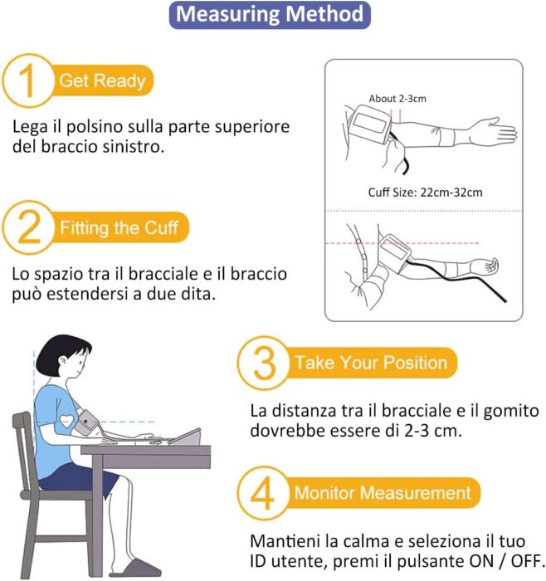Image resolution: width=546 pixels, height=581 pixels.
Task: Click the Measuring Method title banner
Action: [x=270, y=15]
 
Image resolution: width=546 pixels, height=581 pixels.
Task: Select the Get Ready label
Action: [x=102, y=81]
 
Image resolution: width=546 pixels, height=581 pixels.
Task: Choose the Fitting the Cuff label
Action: [x=119, y=227]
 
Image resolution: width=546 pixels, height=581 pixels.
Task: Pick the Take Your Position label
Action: [x=371, y=363]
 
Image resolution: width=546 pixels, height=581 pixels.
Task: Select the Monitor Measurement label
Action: [x=383, y=493]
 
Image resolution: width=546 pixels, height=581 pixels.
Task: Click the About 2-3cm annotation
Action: [x=397, y=99]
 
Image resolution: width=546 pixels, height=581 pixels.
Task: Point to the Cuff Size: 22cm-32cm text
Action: [x=425, y=193]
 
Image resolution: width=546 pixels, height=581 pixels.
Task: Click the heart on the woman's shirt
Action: [x=66, y=421]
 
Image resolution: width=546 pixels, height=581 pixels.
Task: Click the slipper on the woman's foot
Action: [x=138, y=568]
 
